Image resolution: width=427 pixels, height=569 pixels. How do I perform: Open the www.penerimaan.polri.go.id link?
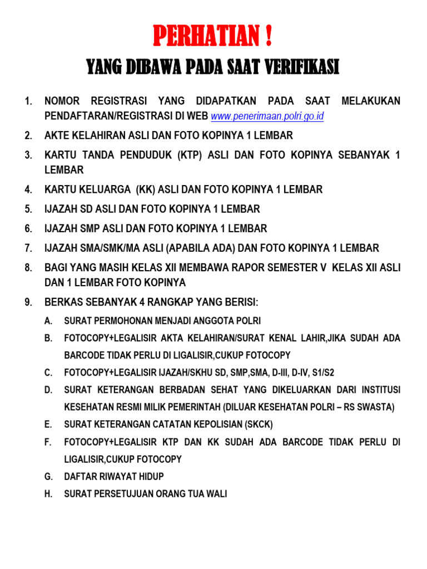coord(267,116)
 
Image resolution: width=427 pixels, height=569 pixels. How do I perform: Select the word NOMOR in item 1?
coord(62,101)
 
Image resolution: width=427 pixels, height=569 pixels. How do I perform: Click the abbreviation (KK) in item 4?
coord(145,189)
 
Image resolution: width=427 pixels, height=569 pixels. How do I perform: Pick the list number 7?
coord(28,248)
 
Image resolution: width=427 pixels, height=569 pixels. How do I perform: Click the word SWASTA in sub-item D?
coord(376,407)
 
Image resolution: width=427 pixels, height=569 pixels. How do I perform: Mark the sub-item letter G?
coord(48,476)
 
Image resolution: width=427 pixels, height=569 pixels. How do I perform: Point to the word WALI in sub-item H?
coord(217,493)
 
